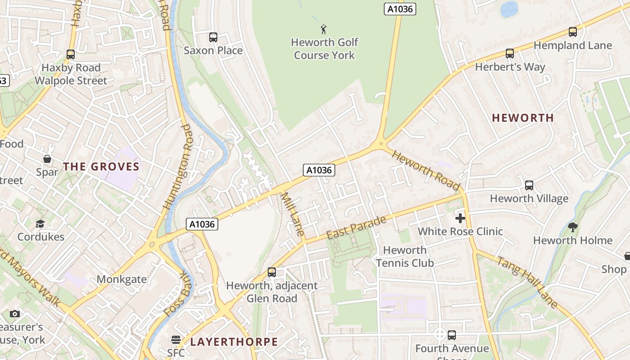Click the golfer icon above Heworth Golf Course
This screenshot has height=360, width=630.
click(x=324, y=30)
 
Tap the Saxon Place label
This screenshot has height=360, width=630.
click(x=213, y=50)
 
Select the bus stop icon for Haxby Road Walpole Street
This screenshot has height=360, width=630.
click(x=70, y=54)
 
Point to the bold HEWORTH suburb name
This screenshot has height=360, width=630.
click(x=522, y=118)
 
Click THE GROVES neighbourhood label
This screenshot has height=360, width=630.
click(x=101, y=166)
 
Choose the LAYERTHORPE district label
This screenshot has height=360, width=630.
click(x=234, y=342)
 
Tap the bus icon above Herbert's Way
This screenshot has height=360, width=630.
click(x=509, y=54)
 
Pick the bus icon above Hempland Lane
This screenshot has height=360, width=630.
click(x=572, y=32)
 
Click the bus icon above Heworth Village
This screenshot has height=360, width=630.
click(x=529, y=185)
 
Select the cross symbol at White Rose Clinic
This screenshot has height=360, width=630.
click(x=460, y=219)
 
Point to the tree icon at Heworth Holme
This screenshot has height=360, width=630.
click(x=572, y=227)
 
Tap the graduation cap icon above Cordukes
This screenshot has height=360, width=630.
click(x=40, y=224)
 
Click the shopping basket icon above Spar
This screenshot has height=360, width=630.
click(x=47, y=159)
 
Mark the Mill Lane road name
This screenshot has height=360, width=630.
click(x=293, y=215)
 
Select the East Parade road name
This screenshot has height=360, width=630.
click(x=356, y=228)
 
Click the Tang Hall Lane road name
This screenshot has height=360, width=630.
click(x=527, y=282)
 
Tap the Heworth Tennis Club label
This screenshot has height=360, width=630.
click(x=405, y=256)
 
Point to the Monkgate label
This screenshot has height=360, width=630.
click(x=121, y=279)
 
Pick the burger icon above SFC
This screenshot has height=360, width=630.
click(x=175, y=340)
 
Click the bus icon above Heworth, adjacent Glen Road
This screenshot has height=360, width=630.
click(x=271, y=272)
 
